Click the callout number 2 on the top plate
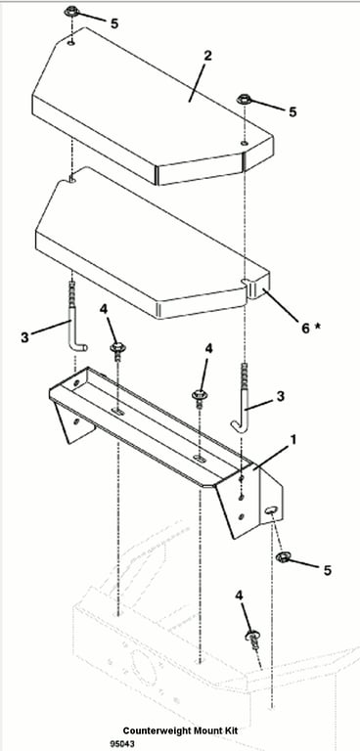pyautogui.click(x=207, y=55)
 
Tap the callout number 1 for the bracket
pyautogui.click(x=292, y=439)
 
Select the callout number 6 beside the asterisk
pyautogui.click(x=305, y=329)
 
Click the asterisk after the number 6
pyautogui.click(x=317, y=327)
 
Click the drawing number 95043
pyautogui.click(x=122, y=744)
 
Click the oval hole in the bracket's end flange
pyautogui.click(x=271, y=509)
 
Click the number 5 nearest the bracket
pyautogui.click(x=328, y=570)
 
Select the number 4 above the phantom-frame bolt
pyautogui.click(x=240, y=596)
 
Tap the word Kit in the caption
pyautogui.click(x=230, y=730)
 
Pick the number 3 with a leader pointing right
pyautogui.click(x=24, y=337)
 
